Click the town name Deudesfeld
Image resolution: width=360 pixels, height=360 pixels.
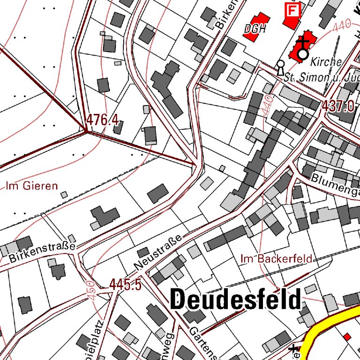[x=235, y=300]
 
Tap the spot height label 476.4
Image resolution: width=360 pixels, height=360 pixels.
[x=102, y=121]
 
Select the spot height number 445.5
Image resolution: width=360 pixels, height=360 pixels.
[x=125, y=284]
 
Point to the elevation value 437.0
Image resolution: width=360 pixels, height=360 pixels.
[x=337, y=106]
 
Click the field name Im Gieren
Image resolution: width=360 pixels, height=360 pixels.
[x=32, y=186]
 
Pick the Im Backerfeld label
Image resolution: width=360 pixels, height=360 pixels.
[x=276, y=258]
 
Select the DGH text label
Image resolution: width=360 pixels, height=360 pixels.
[x=255, y=29]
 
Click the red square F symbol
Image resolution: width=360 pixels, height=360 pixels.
[x=292, y=9]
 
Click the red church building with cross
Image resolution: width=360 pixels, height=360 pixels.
[x=303, y=47]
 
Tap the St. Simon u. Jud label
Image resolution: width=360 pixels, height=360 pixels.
[x=319, y=77]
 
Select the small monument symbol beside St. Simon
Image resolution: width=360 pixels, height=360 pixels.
[x=280, y=68]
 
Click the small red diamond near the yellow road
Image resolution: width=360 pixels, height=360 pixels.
[x=347, y=337]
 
